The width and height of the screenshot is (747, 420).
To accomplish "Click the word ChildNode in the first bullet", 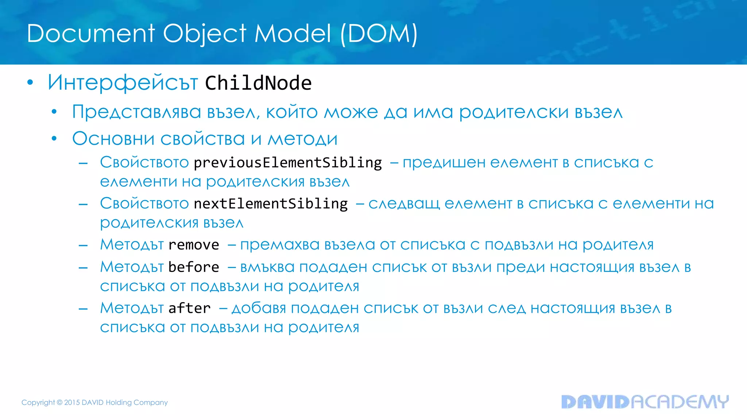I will [x=258, y=83].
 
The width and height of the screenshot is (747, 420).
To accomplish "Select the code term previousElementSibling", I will [x=288, y=163].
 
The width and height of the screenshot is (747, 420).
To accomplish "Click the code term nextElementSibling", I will [x=271, y=204].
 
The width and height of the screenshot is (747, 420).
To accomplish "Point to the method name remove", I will [x=194, y=245].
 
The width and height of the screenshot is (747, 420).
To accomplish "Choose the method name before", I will [x=194, y=267].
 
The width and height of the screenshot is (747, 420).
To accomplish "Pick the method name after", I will [x=189, y=308].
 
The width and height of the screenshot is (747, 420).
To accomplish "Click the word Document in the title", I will [x=91, y=34].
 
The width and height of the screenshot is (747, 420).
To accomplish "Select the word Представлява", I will [x=136, y=112].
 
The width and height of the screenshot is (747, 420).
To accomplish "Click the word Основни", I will [x=113, y=139].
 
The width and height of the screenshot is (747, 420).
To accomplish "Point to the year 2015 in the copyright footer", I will [x=72, y=402].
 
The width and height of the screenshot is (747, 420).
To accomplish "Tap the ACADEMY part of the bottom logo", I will [x=680, y=402].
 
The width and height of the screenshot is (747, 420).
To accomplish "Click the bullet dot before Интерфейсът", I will [x=30, y=83].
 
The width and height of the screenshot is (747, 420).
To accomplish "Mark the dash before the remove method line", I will [x=83, y=245].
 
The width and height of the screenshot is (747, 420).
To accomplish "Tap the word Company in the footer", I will [x=151, y=402].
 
